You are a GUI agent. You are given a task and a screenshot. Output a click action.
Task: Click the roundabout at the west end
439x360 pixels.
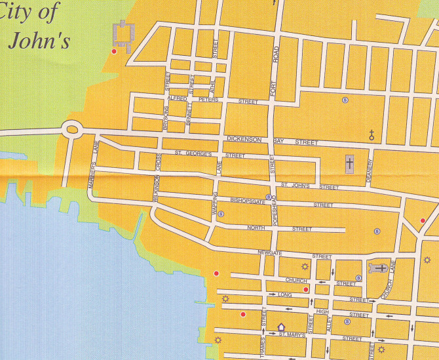coord(71,129)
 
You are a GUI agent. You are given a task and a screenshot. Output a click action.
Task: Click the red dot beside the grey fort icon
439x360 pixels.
coord(114,51)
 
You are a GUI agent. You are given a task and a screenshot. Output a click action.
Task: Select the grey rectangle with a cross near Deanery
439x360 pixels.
coord(350,163)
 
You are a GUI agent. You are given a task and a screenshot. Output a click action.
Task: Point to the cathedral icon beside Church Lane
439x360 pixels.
coord(379,268)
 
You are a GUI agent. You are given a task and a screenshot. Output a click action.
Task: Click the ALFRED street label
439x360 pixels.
coord(177,98)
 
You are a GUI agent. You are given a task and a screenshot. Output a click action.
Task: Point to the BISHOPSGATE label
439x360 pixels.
coord(247,201)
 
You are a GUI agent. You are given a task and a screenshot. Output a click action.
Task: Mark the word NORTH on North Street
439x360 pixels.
coord(256,228)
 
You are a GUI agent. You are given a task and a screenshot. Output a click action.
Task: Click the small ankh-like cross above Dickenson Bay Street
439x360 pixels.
coord(372,136)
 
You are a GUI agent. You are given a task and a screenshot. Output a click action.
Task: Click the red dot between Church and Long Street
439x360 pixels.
coord(306,289)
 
